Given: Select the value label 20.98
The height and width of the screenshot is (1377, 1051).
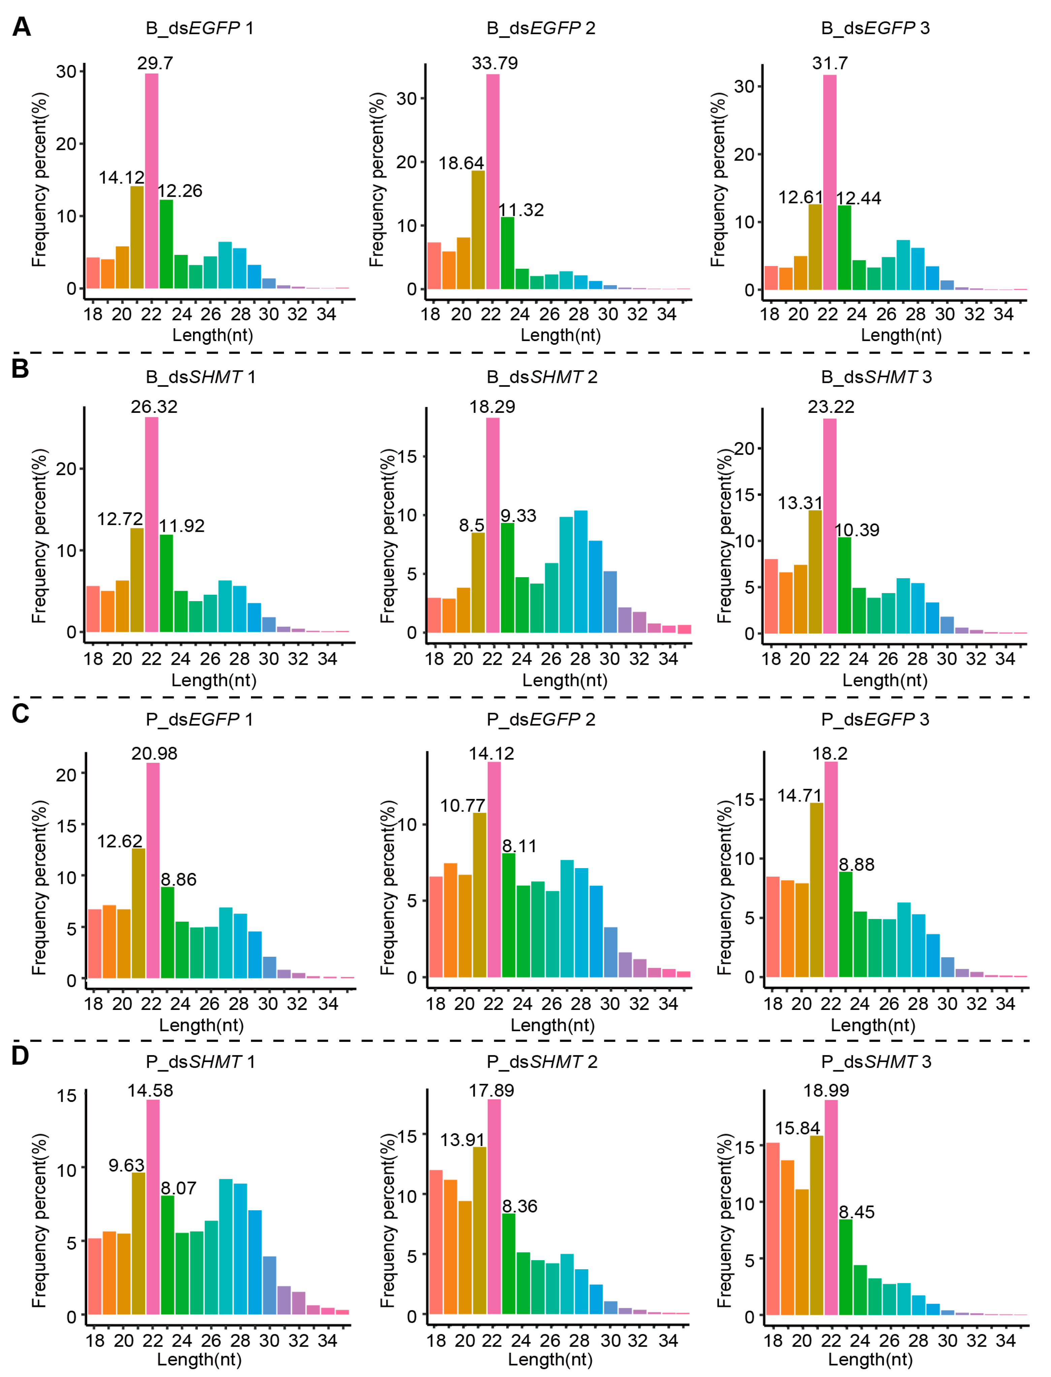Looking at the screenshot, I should point(154,754).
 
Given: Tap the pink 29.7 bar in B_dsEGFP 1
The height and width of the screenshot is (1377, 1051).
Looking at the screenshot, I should point(151,182).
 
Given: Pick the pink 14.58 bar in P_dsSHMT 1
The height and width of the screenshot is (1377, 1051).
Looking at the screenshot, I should point(153,1207).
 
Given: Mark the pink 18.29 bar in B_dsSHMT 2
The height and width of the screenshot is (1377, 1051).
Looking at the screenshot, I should point(493,525).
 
